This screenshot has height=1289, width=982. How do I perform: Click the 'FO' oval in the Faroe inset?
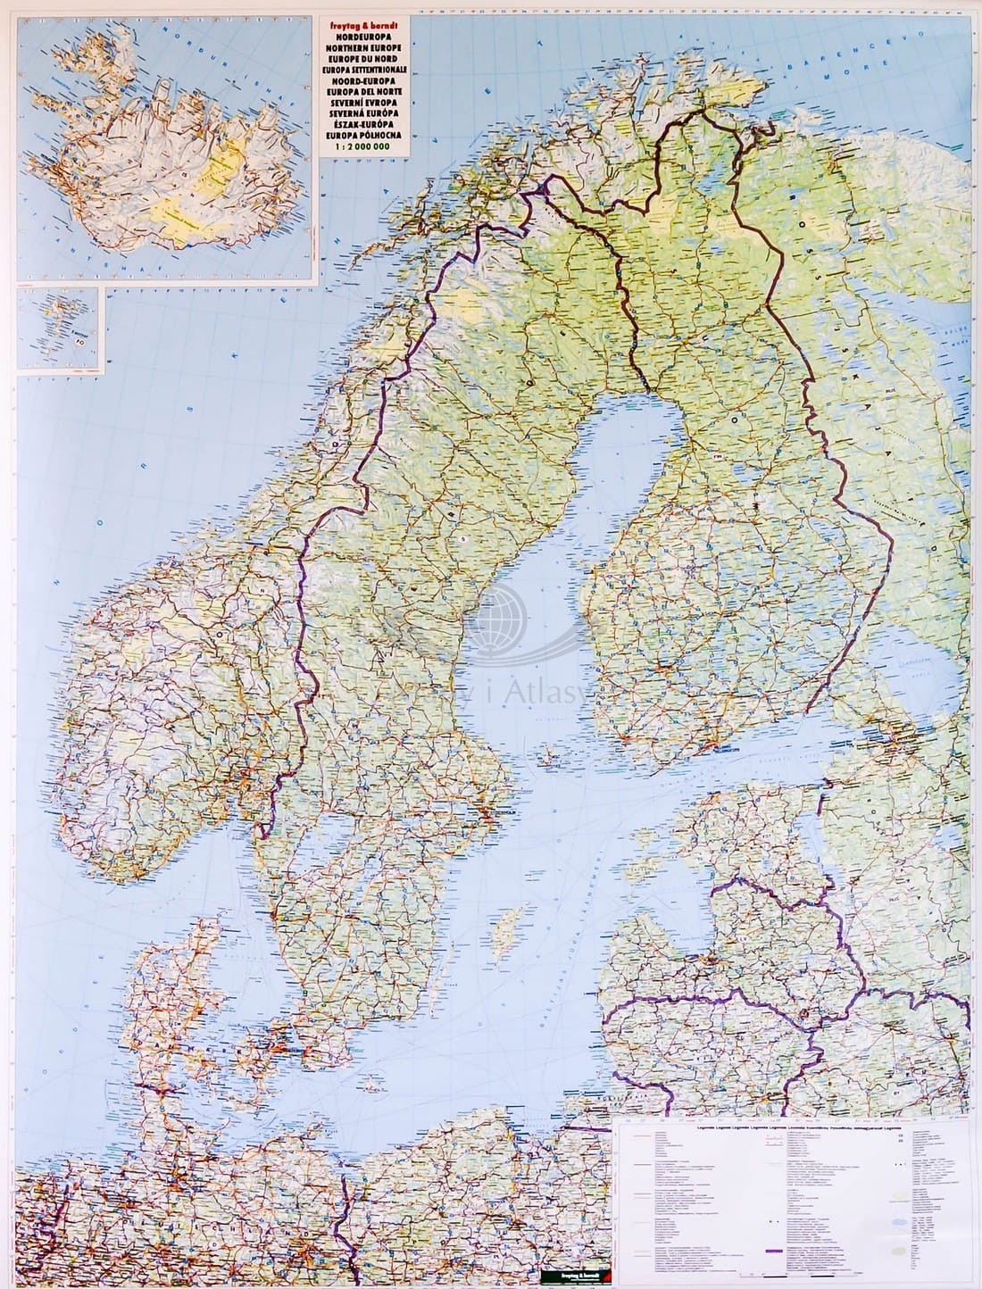[x=79, y=338]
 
